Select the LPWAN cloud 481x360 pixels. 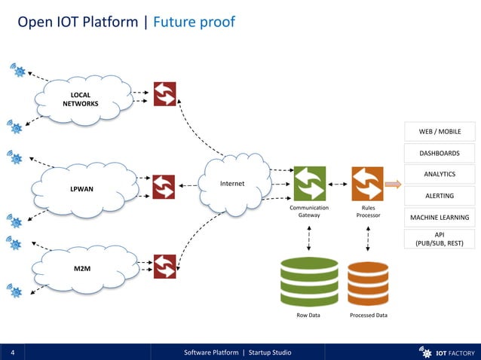click(x=82, y=188)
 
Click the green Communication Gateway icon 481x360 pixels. click(x=309, y=184)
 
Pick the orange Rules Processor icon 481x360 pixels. click(x=367, y=184)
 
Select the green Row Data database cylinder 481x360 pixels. click(x=309, y=280)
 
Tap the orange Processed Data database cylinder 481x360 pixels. click(x=368, y=282)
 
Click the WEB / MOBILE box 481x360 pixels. click(x=440, y=132)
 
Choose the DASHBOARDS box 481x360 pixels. click(x=440, y=153)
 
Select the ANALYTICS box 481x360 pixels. click(x=440, y=174)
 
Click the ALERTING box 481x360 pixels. click(x=440, y=196)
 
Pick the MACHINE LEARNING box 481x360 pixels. click(x=440, y=218)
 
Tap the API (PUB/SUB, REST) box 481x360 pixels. click(x=440, y=239)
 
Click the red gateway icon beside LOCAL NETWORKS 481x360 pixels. click(x=164, y=94)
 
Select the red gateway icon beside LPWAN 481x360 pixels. click(x=164, y=187)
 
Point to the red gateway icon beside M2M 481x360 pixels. click(x=164, y=266)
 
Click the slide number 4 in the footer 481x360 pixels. click(x=14, y=352)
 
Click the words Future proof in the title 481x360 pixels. click(x=194, y=23)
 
